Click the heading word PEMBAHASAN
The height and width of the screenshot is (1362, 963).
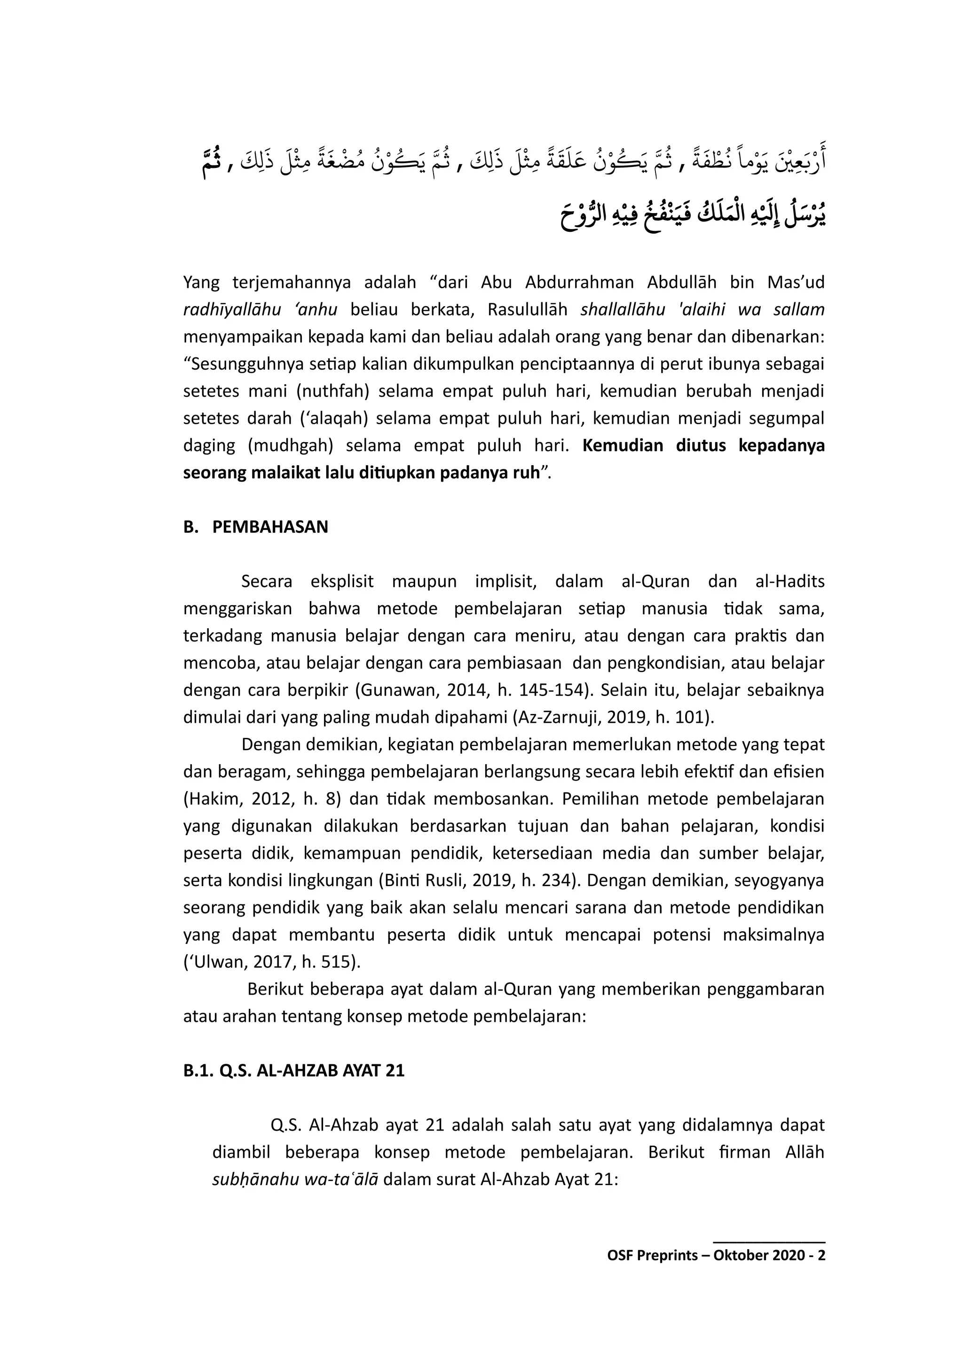pos(270,527)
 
